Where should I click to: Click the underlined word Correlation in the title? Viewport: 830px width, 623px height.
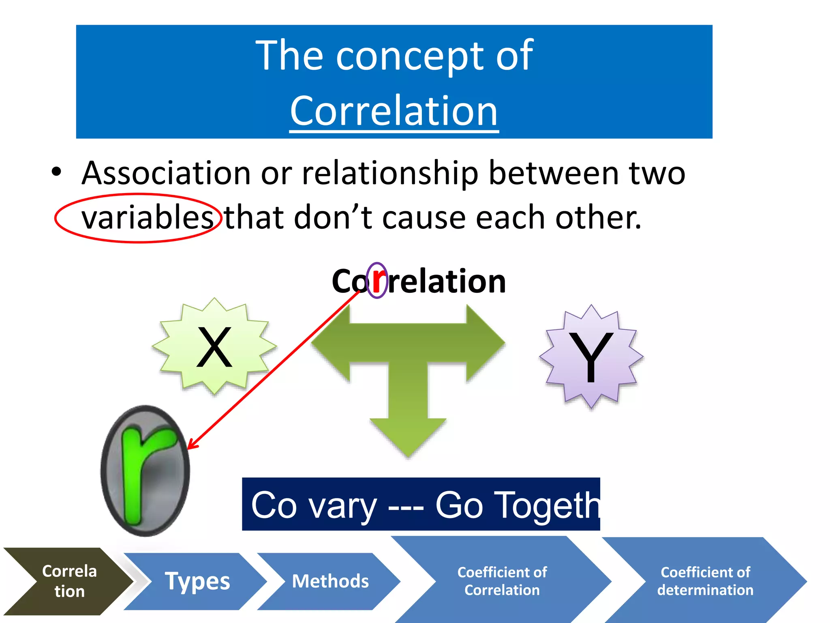(x=394, y=111)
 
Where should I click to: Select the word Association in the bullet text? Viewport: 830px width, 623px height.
(x=166, y=174)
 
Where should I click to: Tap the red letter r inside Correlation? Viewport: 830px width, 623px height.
(x=378, y=280)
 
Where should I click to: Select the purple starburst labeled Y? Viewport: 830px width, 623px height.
(x=591, y=356)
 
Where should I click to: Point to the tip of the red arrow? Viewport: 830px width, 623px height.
(x=189, y=448)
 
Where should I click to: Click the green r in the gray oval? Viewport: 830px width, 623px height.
(x=144, y=470)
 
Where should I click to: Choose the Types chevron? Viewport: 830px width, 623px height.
(x=197, y=581)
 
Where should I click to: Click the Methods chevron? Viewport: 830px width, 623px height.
(x=330, y=581)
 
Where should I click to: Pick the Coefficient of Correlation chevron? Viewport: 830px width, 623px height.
(x=502, y=581)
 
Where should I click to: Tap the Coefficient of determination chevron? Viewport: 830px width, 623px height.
(x=705, y=581)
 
